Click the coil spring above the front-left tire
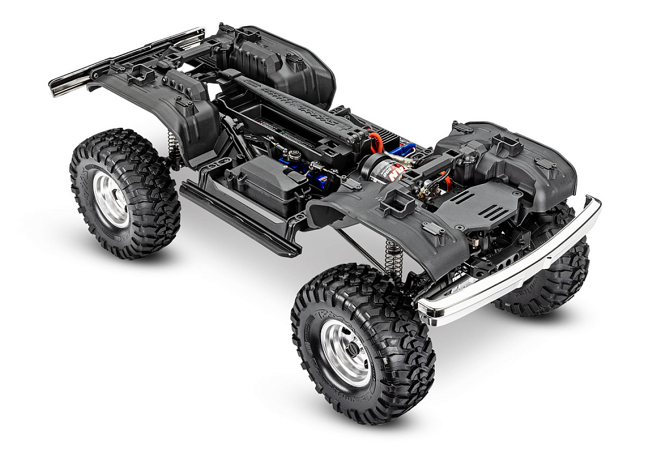click(x=393, y=259)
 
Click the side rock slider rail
click(x=238, y=219)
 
